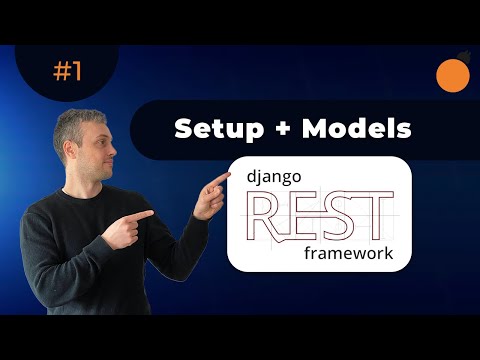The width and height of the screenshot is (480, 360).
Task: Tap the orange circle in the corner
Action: (454, 75)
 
